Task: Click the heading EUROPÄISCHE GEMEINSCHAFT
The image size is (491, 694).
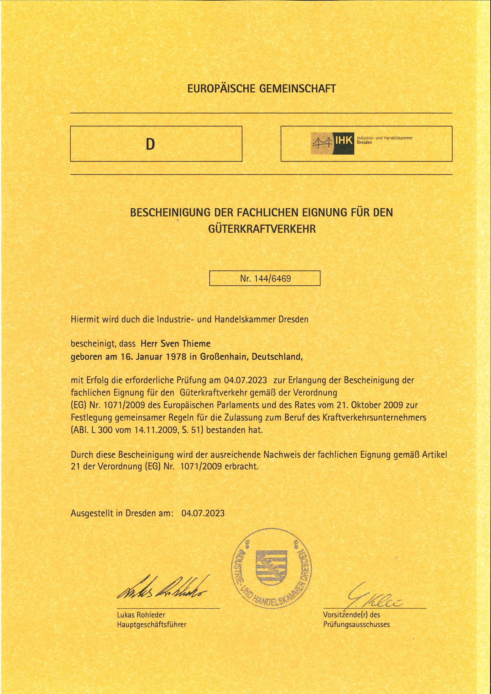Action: pyautogui.click(x=261, y=89)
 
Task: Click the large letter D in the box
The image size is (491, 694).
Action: pyautogui.click(x=150, y=144)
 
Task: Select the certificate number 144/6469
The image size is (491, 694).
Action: pyautogui.click(x=272, y=278)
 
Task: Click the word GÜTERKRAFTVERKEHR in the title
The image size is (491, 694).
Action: pyautogui.click(x=262, y=229)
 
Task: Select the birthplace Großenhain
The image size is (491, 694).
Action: pyautogui.click(x=224, y=357)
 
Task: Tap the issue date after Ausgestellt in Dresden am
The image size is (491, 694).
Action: pyautogui.click(x=203, y=513)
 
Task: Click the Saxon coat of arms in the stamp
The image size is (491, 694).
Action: pyautogui.click(x=271, y=568)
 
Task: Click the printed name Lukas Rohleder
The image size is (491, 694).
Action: pyautogui.click(x=141, y=615)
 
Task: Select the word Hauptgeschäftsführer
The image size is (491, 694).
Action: pyautogui.click(x=152, y=625)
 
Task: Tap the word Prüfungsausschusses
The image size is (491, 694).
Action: pyautogui.click(x=356, y=625)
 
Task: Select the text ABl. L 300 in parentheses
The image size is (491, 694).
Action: pyautogui.click(x=92, y=430)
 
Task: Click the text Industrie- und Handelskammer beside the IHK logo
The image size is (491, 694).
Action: pyautogui.click(x=384, y=138)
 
